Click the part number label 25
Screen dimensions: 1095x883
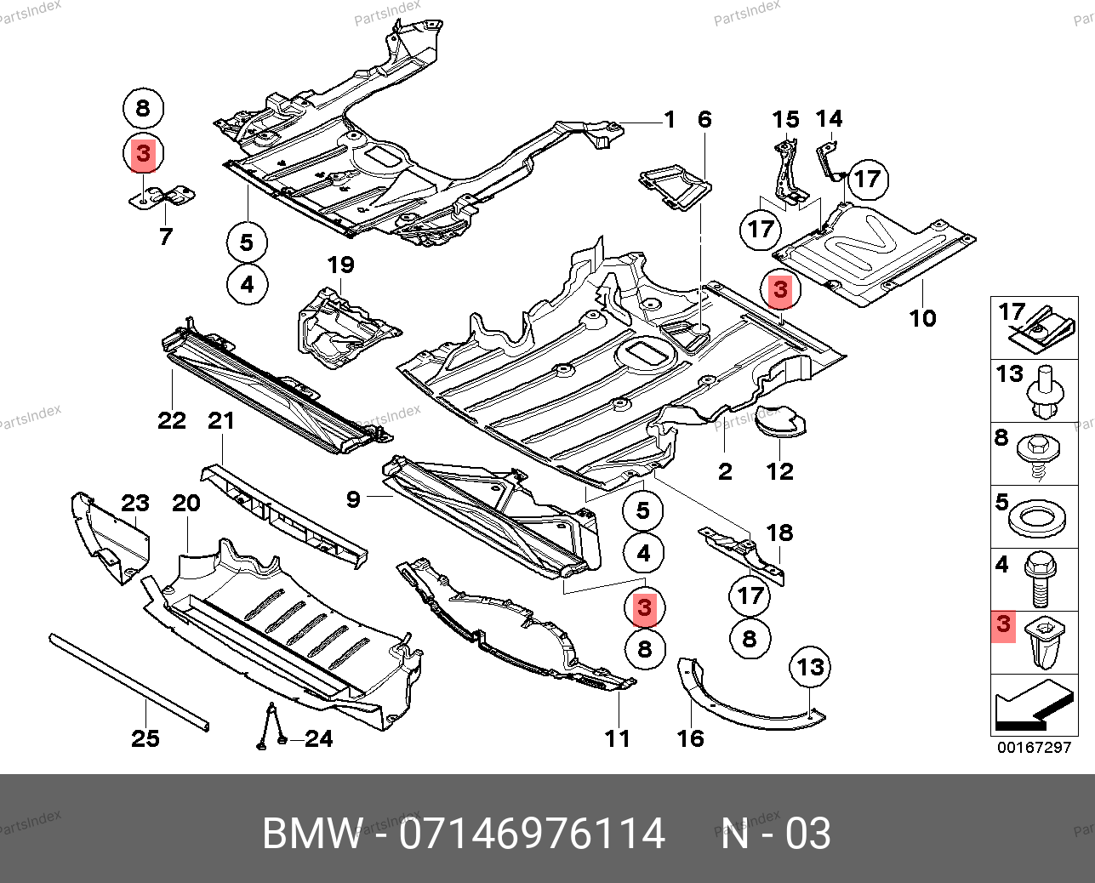145,738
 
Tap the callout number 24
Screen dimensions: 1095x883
318,738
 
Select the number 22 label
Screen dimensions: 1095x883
172,420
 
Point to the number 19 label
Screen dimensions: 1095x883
340,265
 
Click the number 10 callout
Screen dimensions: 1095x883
922,319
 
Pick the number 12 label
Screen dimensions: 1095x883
780,472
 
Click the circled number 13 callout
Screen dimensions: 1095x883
810,667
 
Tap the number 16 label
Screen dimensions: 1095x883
691,738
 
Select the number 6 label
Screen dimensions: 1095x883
704,120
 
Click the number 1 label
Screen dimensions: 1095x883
670,120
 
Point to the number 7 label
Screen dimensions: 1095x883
166,236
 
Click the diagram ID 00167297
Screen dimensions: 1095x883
1035,748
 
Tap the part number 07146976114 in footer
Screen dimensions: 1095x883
532,833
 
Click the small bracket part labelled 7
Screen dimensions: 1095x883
162,197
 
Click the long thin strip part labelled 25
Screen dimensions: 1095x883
129,682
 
